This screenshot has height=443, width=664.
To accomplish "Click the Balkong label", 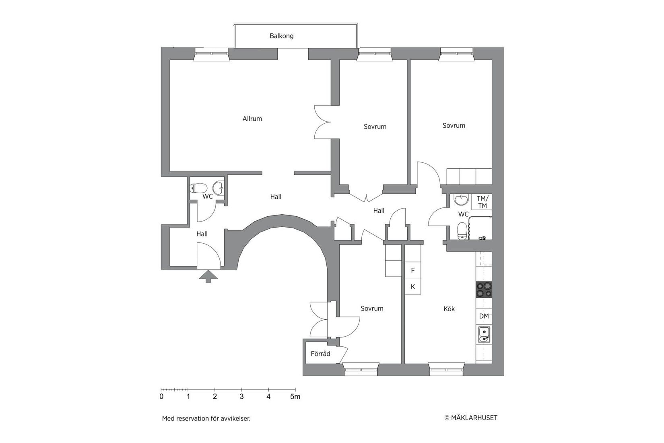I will tap(281, 36).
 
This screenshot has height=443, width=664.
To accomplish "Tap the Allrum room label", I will tap(252, 119).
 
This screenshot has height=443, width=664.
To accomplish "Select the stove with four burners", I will tap(484, 289).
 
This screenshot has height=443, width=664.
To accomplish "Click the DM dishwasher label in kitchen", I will tap(484, 316).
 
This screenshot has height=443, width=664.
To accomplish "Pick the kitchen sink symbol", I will tap(484, 334).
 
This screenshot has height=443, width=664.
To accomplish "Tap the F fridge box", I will tap(412, 271).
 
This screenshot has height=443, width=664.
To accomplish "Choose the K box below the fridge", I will tap(412, 287).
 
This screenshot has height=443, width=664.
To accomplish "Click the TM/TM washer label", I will tap(482, 202).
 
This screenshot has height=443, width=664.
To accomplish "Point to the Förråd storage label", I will tap(320, 354).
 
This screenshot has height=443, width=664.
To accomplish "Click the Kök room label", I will tap(449, 309).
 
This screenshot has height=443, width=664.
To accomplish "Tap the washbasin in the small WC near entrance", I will tap(218, 187).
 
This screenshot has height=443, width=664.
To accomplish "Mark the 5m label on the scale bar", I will tap(295, 397).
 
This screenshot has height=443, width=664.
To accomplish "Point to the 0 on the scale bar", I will tap(161, 397).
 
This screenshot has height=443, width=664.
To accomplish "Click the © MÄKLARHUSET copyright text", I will tap(470, 418).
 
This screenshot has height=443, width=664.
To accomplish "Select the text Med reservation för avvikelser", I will tap(206, 418).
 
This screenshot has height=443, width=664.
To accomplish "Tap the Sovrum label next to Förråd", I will tap(372, 308).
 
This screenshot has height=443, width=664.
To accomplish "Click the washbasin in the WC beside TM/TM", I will tap(460, 199).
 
